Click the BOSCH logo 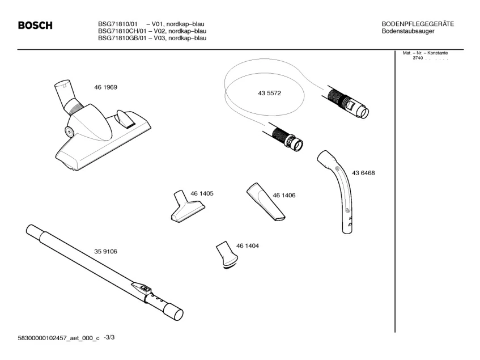click(x=35, y=25)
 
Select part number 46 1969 click(x=105, y=87)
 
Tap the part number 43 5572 click(x=269, y=93)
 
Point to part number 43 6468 click(x=363, y=173)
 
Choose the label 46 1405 click(x=202, y=193)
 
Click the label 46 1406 click(x=284, y=195)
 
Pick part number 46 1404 click(x=247, y=246)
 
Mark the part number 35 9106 click(x=105, y=251)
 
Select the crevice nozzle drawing click(x=266, y=201)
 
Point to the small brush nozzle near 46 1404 click(x=227, y=255)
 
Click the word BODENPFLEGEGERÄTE click(x=418, y=24)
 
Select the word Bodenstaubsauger click(x=408, y=31)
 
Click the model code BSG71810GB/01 click(x=122, y=38)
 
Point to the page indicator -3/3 click(x=109, y=337)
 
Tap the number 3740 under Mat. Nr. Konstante click(x=418, y=58)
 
